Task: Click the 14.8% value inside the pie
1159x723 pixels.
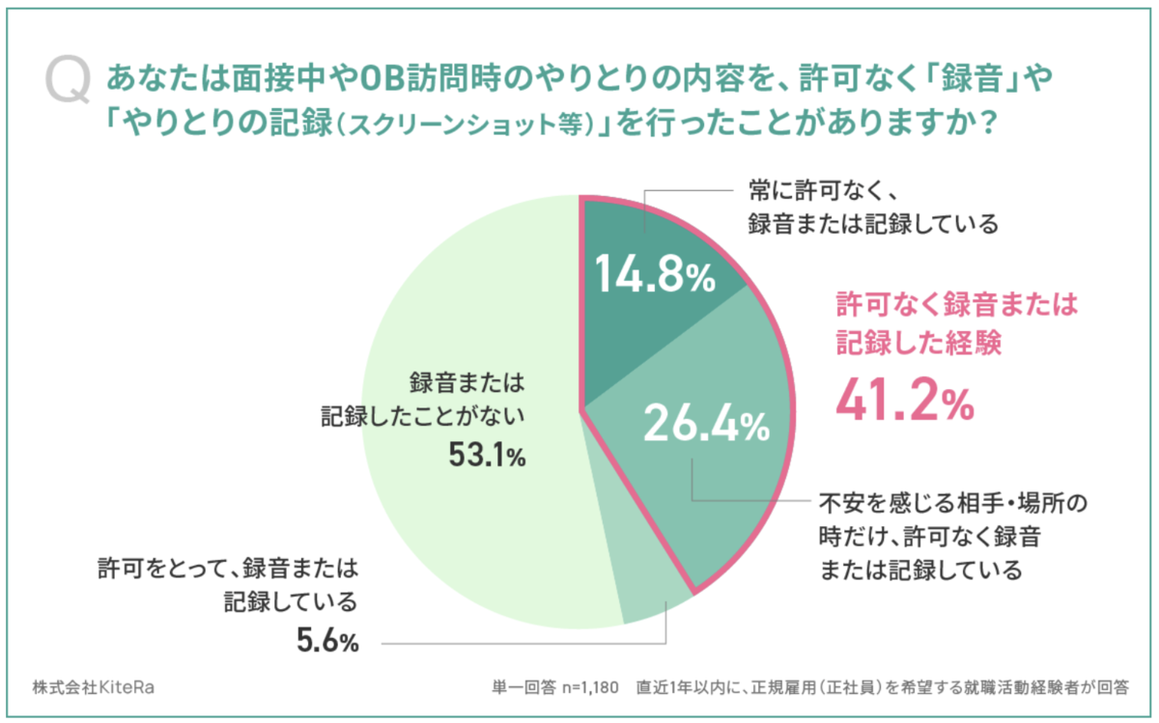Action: coord(653,277)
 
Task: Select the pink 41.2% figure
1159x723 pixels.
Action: coord(904,401)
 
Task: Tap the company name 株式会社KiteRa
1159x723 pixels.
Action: coord(93,687)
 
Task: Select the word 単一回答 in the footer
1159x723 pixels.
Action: coord(523,688)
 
